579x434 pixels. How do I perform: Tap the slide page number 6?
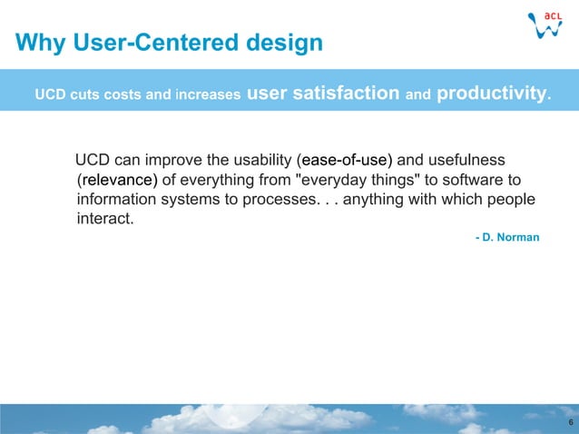pyautogui.click(x=569, y=424)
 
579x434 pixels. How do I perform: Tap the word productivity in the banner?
pyautogui.click(x=492, y=93)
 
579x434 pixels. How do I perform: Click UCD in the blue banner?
pyautogui.click(x=50, y=94)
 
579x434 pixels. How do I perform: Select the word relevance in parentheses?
pyautogui.click(x=118, y=180)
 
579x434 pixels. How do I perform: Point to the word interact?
pyautogui.click(x=104, y=218)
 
